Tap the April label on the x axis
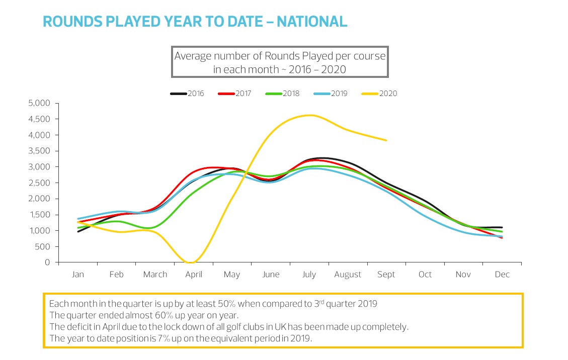point(194,275)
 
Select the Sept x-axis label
point(386,275)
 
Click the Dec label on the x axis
point(502,275)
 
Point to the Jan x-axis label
point(78,275)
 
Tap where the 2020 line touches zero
point(191,262)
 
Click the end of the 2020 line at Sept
point(386,140)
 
